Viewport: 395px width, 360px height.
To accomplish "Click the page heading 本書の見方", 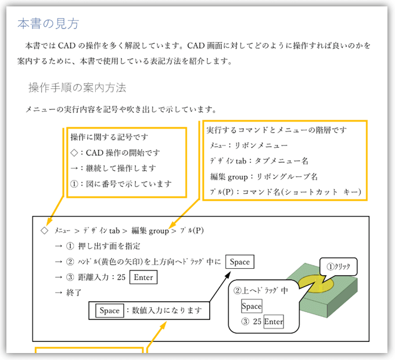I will point(48,24).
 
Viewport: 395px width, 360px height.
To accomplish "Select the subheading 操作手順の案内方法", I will point(77,88).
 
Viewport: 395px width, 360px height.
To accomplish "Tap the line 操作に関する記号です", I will point(109,137).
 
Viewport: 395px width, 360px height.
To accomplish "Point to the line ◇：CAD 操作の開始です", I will point(115,153).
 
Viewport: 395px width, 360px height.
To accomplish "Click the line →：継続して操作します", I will point(113,169).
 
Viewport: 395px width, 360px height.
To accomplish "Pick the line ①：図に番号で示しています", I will point(121,184).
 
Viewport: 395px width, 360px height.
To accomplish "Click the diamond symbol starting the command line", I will point(44,230).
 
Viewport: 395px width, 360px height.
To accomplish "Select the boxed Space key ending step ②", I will point(239,262).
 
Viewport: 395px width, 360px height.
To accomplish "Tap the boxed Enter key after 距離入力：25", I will point(143,277).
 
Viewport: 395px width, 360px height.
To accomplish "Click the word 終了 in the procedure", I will point(75,293).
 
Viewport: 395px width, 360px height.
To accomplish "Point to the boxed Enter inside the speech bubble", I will point(274,322).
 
